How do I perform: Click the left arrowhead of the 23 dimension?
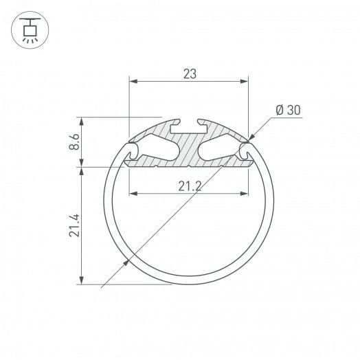[x=133, y=81]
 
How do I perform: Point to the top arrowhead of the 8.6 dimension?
[x=83, y=121]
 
